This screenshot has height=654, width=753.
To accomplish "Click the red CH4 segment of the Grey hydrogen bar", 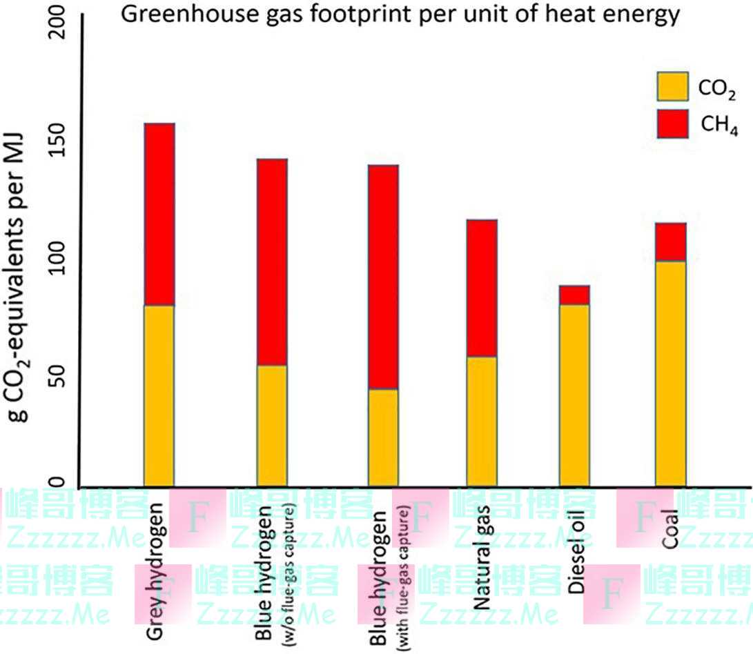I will (159, 214).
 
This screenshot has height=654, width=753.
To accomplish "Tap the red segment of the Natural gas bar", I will (482, 288).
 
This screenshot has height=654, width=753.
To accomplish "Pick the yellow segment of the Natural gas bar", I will (482, 421).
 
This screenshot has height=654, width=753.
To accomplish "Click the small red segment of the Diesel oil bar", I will (574, 295).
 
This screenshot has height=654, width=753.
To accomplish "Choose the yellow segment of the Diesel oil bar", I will (574, 395).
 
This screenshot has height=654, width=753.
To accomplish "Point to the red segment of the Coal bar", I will (671, 241).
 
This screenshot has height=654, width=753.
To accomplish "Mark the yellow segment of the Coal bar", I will (671, 373).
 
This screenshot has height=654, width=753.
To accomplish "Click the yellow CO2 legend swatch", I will (672, 86).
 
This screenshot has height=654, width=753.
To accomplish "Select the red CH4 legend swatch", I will (672, 123).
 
